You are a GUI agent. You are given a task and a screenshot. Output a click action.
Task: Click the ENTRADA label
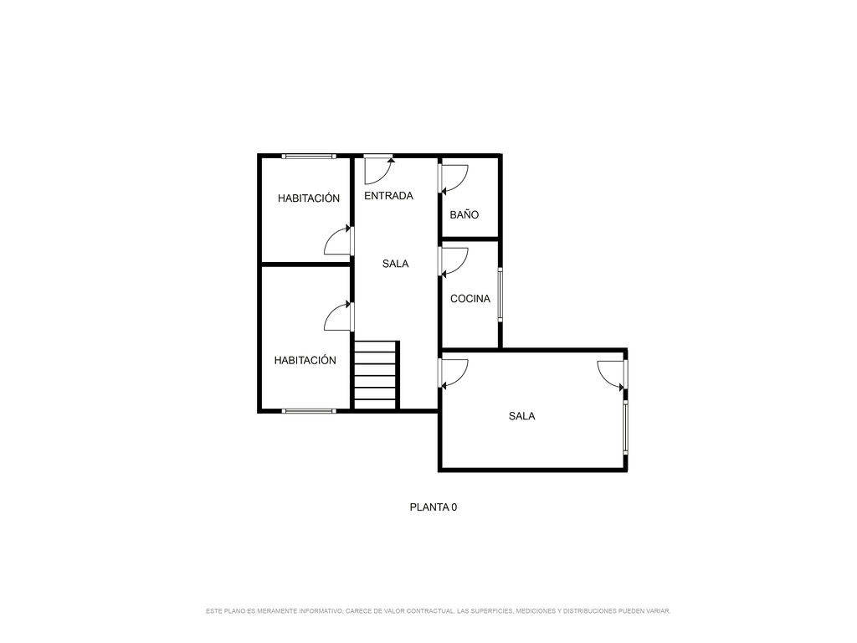[x=388, y=196]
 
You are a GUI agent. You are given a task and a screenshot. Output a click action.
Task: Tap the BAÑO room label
[x=464, y=215]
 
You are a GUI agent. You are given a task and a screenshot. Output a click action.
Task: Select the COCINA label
[x=470, y=299]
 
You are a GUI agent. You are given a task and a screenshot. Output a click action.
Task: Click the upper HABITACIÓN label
[x=309, y=198]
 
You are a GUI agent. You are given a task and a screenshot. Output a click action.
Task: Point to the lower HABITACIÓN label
[x=305, y=360]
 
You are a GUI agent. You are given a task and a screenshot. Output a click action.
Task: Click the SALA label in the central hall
[x=395, y=264]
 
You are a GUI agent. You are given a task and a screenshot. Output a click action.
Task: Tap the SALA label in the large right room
[x=522, y=416]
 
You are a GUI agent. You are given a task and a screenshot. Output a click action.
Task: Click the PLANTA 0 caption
[x=434, y=507]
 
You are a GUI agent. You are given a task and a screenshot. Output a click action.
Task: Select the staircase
[x=377, y=375]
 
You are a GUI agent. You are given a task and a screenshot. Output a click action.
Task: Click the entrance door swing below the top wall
[x=379, y=170]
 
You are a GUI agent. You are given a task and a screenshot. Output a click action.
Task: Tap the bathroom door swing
[x=454, y=179]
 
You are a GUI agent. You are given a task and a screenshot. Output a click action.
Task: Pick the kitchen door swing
[x=454, y=262]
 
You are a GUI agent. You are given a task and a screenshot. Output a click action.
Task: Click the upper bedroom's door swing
[x=338, y=240]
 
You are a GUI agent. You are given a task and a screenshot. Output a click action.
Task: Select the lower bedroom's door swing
[x=338, y=316]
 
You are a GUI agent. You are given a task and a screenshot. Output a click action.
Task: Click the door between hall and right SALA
[x=454, y=374]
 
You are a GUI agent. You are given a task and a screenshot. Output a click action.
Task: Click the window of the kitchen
[x=500, y=294]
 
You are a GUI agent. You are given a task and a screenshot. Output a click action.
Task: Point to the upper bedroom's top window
[x=309, y=157]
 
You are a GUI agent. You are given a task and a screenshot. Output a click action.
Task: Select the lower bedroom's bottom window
[x=309, y=410]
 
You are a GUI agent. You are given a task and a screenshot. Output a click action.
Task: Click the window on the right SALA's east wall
[x=626, y=428]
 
